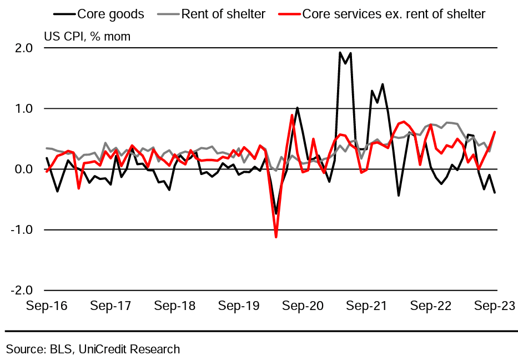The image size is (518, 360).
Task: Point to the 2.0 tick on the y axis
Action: coord(24,48)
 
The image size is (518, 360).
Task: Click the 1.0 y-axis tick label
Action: coord(24,109)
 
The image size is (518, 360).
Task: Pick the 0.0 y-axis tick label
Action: coord(24,169)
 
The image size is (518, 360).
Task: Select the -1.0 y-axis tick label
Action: coord(22,230)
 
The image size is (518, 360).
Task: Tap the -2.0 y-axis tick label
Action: coord(22,291)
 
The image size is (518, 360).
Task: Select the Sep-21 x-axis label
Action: coord(368,306)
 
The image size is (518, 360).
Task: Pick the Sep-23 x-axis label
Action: coord(494,306)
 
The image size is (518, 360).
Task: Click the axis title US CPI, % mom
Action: coord(87,37)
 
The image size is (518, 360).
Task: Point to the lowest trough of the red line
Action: coord(276,237)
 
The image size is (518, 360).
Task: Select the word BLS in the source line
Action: coord(62,349)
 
